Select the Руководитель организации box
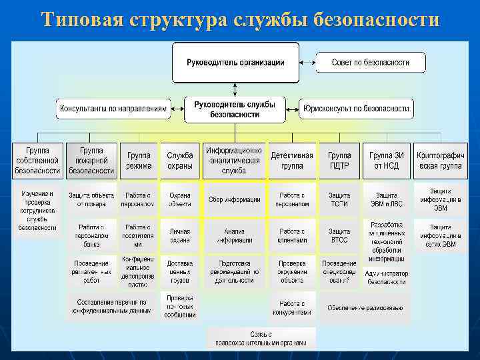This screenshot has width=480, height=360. [x=235, y=63]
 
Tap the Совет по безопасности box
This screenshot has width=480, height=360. [x=370, y=63]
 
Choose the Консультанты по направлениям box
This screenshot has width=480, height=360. [x=113, y=108]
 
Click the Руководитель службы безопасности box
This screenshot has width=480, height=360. [x=235, y=109]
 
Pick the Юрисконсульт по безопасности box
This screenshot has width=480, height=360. [x=356, y=108]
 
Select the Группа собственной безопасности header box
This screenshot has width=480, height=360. [x=38, y=161]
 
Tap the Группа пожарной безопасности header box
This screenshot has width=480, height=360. [x=91, y=161]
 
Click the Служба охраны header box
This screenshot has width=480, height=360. [x=180, y=161]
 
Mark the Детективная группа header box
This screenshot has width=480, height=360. [x=292, y=161]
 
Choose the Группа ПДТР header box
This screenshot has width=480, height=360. [x=339, y=161]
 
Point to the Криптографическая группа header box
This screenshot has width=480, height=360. [x=440, y=161]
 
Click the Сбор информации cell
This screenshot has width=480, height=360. [x=234, y=199]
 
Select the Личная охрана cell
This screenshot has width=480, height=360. [x=180, y=235]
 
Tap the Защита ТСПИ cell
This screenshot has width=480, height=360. [x=339, y=199]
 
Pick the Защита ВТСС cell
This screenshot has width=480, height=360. [x=339, y=235]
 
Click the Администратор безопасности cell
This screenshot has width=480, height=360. [x=387, y=277]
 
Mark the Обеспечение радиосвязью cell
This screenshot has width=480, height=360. [x=365, y=307]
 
